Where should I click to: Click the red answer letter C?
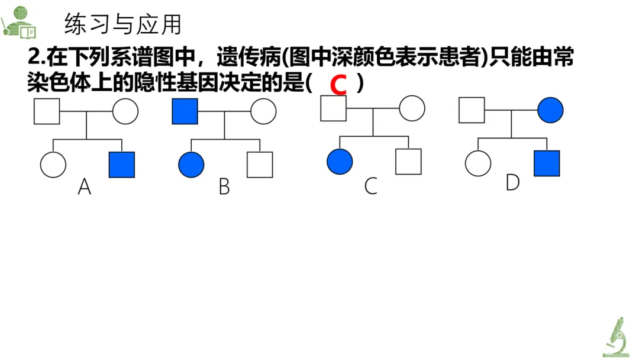point(338,85)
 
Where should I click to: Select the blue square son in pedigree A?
point(122,165)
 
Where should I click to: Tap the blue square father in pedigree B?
point(185,111)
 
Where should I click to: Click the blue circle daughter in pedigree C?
point(340,162)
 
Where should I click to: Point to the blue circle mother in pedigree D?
point(550,110)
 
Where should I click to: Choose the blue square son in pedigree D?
point(547,163)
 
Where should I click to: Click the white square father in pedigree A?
point(47,111)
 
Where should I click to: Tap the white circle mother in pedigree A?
point(125,111)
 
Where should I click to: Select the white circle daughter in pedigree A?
point(53,165)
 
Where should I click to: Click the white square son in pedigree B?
point(260,165)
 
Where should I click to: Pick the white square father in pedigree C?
point(333,108)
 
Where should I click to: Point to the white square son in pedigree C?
point(408,162)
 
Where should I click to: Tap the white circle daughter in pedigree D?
point(478,163)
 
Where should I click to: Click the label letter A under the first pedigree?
point(85,188)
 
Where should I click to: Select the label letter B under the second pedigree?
point(224,187)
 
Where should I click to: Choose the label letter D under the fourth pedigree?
point(512,184)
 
